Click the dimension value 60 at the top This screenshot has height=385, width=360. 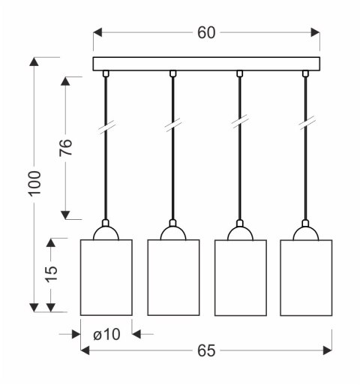point(206,33)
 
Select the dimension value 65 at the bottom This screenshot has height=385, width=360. point(206,350)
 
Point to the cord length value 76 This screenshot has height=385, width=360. point(66,147)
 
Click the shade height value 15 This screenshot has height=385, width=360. point(51,274)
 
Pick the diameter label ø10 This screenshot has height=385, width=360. point(106,334)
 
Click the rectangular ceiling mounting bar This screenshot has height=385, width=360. point(206,64)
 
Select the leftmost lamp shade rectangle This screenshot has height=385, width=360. point(106,278)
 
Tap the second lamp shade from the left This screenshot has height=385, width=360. point(173,278)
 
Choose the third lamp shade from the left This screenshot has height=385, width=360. point(241,278)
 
